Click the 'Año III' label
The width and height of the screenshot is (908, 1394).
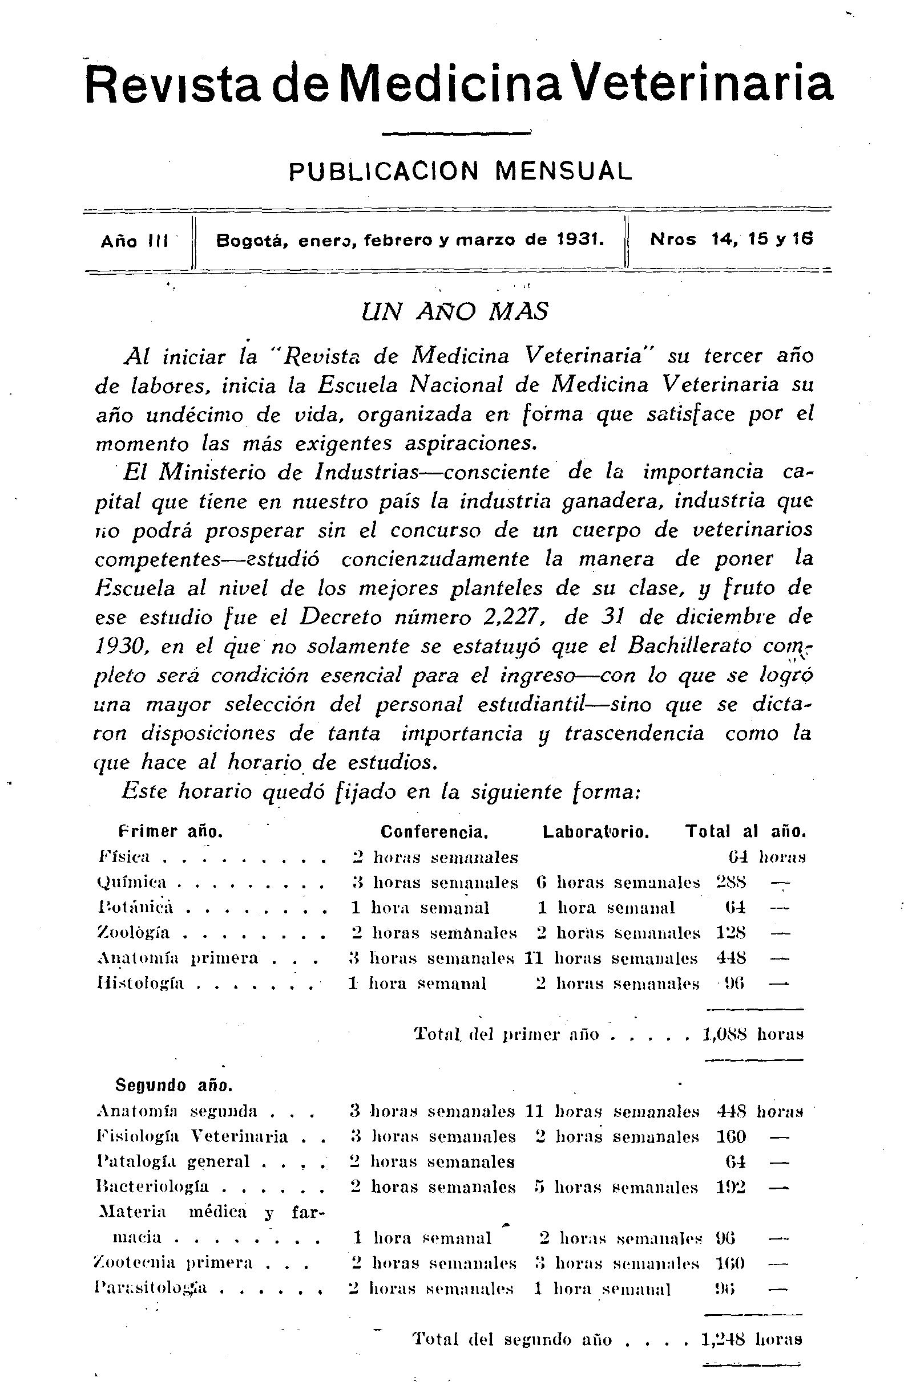(135, 241)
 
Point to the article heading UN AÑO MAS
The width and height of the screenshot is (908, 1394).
(456, 312)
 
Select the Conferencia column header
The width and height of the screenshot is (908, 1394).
(434, 832)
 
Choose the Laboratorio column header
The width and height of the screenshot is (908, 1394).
(596, 832)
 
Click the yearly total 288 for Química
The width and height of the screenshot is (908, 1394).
(731, 883)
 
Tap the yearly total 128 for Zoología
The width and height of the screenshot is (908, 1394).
(731, 933)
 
